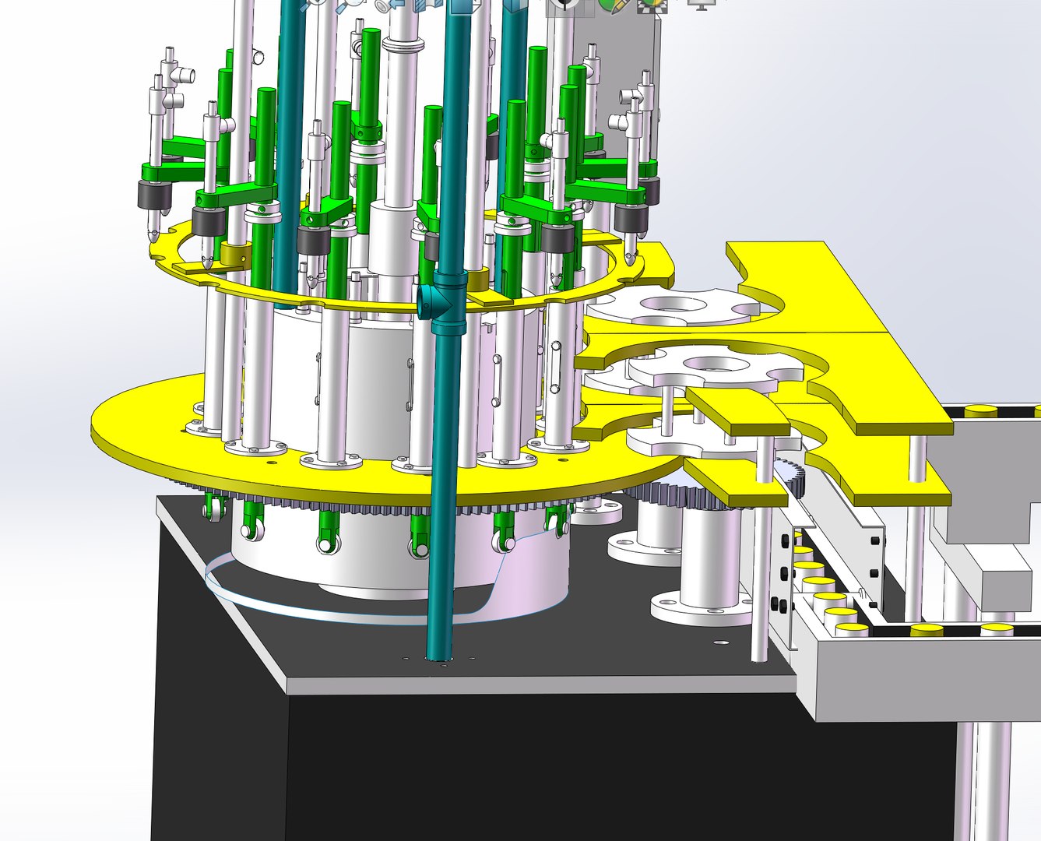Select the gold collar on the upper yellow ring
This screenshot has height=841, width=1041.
234,253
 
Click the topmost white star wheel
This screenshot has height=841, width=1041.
674,307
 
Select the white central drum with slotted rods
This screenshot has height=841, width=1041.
374,366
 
